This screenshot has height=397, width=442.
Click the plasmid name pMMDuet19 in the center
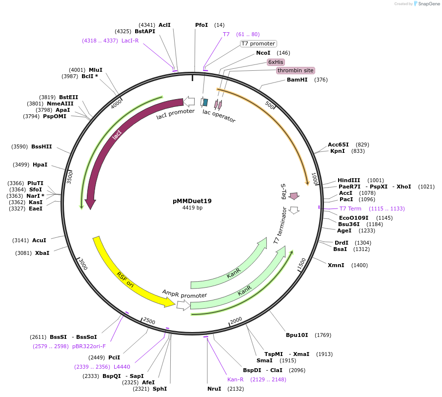tap(192, 201)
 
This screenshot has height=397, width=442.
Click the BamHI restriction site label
tap(297, 80)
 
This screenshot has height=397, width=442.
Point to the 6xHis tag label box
tap(276, 62)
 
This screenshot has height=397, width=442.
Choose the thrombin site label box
tap(295, 70)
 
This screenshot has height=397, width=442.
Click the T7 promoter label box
tap(258, 43)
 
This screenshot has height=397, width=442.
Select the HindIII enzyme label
tap(349, 180)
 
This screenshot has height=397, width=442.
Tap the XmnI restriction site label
tap(336, 265)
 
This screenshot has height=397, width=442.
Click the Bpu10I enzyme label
tap(297, 335)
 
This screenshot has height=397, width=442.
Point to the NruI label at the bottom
tap(214, 389)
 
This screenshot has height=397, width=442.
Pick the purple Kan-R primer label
tap(235, 379)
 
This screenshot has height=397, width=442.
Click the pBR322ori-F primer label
tap(89, 346)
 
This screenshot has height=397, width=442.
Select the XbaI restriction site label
tap(42, 253)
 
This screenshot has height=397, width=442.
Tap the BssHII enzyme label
tap(41, 146)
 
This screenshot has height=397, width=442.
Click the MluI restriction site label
tap(96, 70)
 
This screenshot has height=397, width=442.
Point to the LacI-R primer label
tap(130, 41)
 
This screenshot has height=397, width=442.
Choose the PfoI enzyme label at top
tap(201, 25)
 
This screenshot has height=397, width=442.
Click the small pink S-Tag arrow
tap(294, 196)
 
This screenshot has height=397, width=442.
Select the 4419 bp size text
tap(192, 208)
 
